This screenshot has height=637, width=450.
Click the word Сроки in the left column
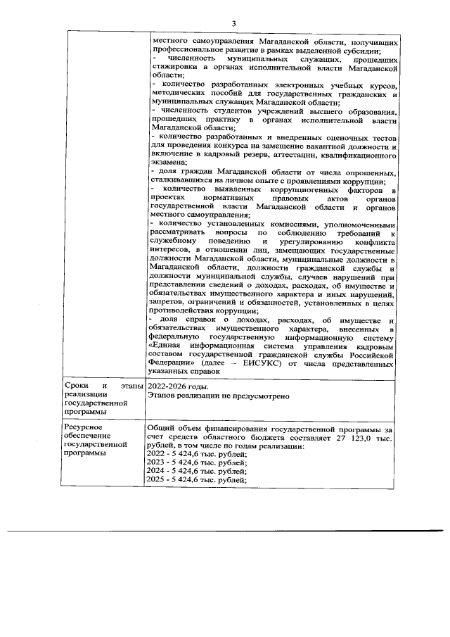click(x=75, y=386)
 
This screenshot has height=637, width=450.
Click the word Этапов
click(x=163, y=396)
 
